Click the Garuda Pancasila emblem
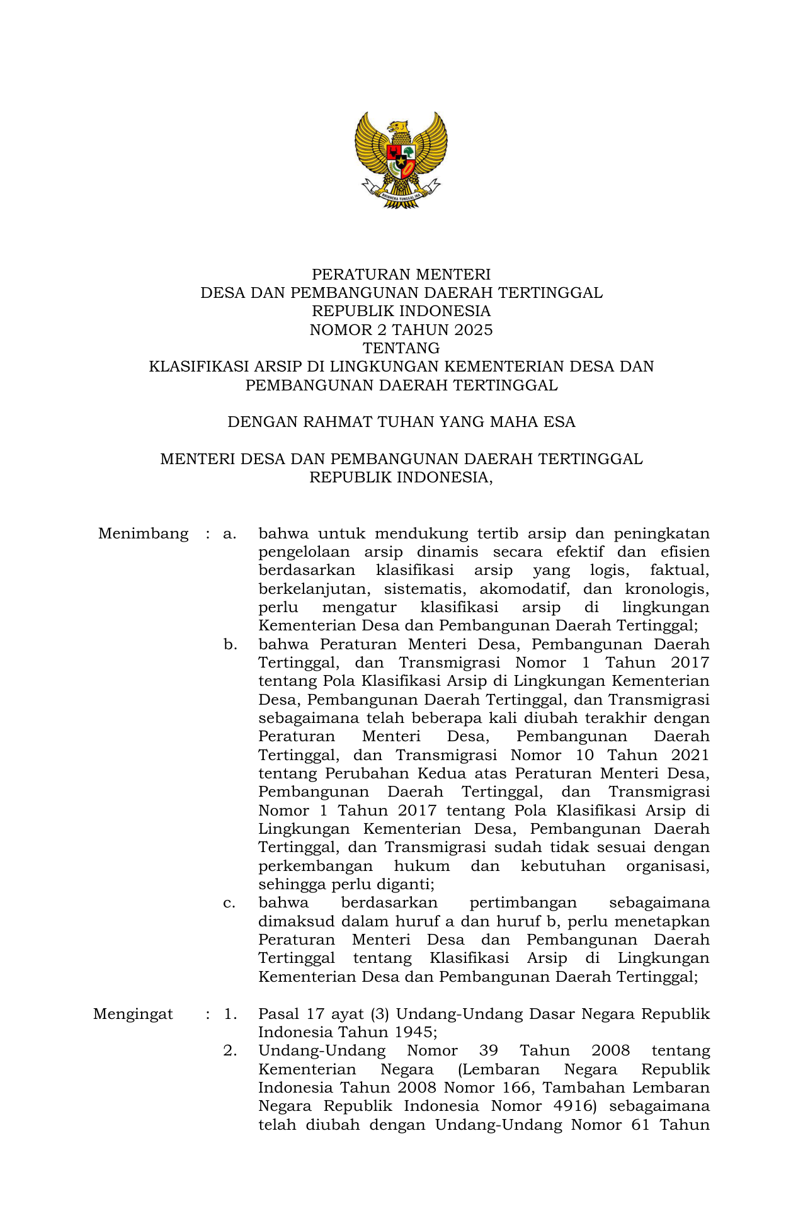click(x=401, y=160)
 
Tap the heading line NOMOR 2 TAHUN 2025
click(x=401, y=330)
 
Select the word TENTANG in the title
click(x=401, y=348)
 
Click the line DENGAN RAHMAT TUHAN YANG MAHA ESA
click(x=401, y=422)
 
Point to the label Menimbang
click(x=143, y=534)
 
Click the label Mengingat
click(x=133, y=1014)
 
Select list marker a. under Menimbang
click(x=230, y=534)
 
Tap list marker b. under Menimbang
click(x=230, y=645)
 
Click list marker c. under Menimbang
click(x=230, y=903)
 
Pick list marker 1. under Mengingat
click(x=230, y=1014)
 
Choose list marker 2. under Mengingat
click(x=230, y=1051)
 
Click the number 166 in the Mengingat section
click(x=516, y=1088)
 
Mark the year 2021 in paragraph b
click(x=690, y=755)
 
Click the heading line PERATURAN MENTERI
click(x=401, y=275)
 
